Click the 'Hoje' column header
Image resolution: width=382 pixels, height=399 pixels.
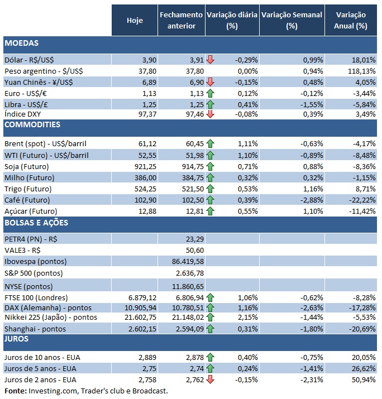(135, 21)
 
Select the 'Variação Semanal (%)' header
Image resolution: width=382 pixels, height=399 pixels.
(292, 21)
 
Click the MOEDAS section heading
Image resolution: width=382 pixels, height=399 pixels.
(21, 43)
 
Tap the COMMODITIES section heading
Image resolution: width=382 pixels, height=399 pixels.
(32, 124)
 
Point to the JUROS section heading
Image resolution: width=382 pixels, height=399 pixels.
(17, 338)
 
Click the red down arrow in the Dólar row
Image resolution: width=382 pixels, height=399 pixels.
(211, 60)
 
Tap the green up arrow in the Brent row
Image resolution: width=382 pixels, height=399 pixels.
(211, 144)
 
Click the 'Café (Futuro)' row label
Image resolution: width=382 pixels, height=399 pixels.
(27, 199)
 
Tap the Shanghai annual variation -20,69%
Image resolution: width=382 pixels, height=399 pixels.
(355, 329)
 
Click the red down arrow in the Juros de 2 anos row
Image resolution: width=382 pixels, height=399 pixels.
(211, 379)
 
